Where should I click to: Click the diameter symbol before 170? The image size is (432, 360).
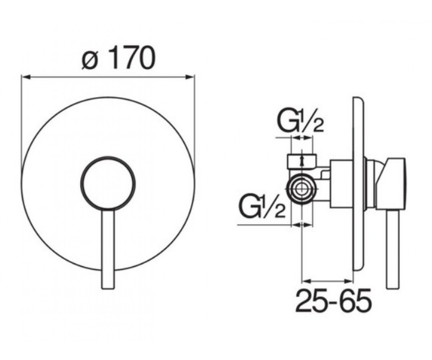[89, 60]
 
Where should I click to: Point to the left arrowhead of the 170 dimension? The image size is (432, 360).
[26, 77]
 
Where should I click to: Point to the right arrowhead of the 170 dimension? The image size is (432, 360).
[190, 77]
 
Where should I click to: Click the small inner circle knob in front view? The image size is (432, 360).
[108, 184]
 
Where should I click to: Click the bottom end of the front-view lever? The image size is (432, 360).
[108, 288]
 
